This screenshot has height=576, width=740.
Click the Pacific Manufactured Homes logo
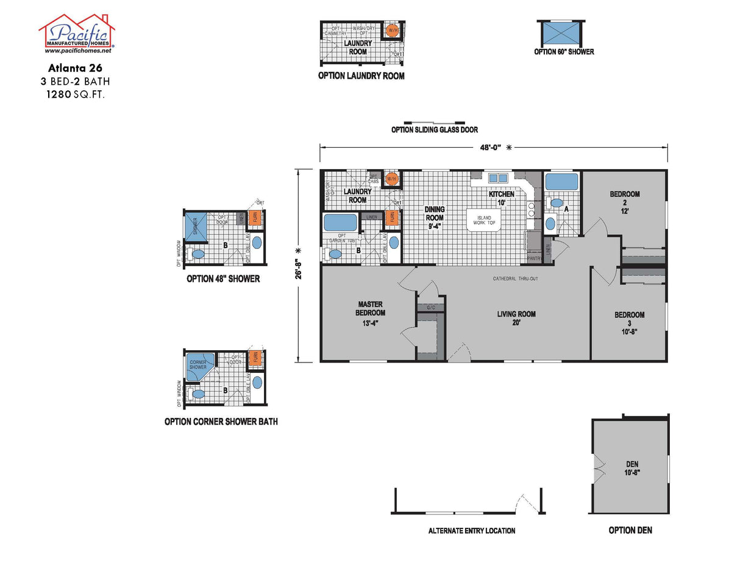click(77, 34)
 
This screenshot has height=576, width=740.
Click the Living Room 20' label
click(516, 319)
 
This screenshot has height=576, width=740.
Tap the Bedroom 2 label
click(625, 199)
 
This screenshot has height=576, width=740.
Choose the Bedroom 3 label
click(629, 319)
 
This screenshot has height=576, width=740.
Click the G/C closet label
click(431, 307)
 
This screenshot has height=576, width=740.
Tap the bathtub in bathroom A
click(561, 182)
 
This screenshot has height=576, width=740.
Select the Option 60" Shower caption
click(564, 52)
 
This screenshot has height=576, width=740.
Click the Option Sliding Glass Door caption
click(434, 129)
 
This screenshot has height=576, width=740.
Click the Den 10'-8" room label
click(631, 468)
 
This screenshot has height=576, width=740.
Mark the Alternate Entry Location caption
click(471, 530)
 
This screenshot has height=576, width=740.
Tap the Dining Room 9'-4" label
click(435, 217)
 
